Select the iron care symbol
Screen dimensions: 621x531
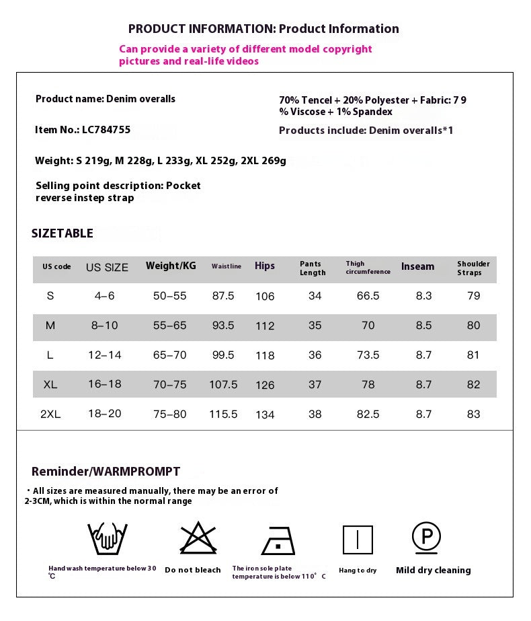coord(278,540)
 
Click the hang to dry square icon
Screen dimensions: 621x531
coord(358,540)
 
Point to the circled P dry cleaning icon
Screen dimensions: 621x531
coord(427,537)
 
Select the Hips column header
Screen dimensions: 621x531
coord(265,266)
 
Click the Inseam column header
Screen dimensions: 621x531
coord(417,266)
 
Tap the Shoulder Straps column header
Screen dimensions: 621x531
coord(473,268)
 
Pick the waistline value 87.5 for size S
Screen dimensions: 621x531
coord(222,295)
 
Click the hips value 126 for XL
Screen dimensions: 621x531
coord(265,385)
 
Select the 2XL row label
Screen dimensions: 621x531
coord(50,414)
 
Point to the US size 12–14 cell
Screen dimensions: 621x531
coord(105,355)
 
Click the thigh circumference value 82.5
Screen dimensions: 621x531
coord(368,414)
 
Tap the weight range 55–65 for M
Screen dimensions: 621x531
coord(170,325)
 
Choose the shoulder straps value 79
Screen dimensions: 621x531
coord(473,295)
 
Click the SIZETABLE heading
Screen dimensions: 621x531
coord(63,233)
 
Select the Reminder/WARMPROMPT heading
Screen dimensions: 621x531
coord(106,472)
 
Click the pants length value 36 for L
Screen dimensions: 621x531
coord(315,355)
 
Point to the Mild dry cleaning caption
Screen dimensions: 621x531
coord(433,570)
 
